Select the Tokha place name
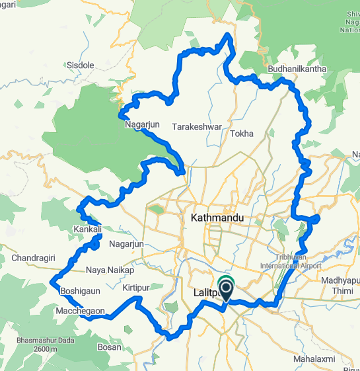(x=242, y=134)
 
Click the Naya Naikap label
(x=110, y=270)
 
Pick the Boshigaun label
(x=79, y=290)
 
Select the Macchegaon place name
(x=81, y=310)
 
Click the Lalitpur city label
(x=209, y=292)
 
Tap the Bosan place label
(x=109, y=347)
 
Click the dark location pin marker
(x=226, y=288)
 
